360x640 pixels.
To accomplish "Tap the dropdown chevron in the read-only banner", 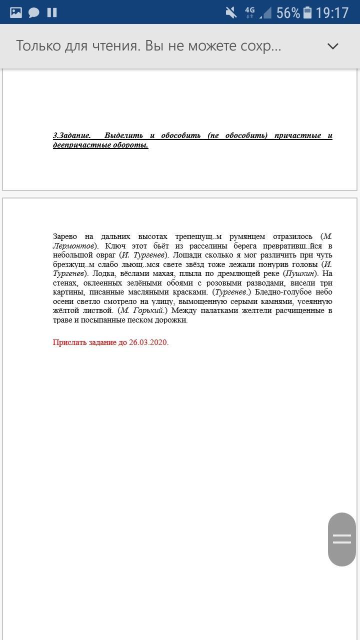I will pyautogui.click(x=332, y=46).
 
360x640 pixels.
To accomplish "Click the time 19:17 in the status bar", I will pyautogui.click(x=332, y=12).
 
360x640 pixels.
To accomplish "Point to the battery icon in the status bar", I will pyautogui.click(x=307, y=12).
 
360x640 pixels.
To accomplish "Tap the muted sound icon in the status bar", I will pyautogui.click(x=231, y=12).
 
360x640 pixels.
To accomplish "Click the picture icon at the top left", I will pyautogui.click(x=16, y=12).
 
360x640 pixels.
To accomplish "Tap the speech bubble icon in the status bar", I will pyautogui.click(x=34, y=12).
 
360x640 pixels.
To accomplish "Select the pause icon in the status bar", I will pyautogui.click(x=52, y=12).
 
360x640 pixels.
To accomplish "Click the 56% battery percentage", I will pyautogui.click(x=288, y=12).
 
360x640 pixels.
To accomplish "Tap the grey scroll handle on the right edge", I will pyautogui.click(x=342, y=539).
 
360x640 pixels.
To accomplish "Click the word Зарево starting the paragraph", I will pyautogui.click(x=65, y=236).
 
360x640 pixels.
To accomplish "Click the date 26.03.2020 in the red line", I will pyautogui.click(x=148, y=342).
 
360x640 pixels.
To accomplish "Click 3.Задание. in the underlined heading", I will pyautogui.click(x=72, y=135).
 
